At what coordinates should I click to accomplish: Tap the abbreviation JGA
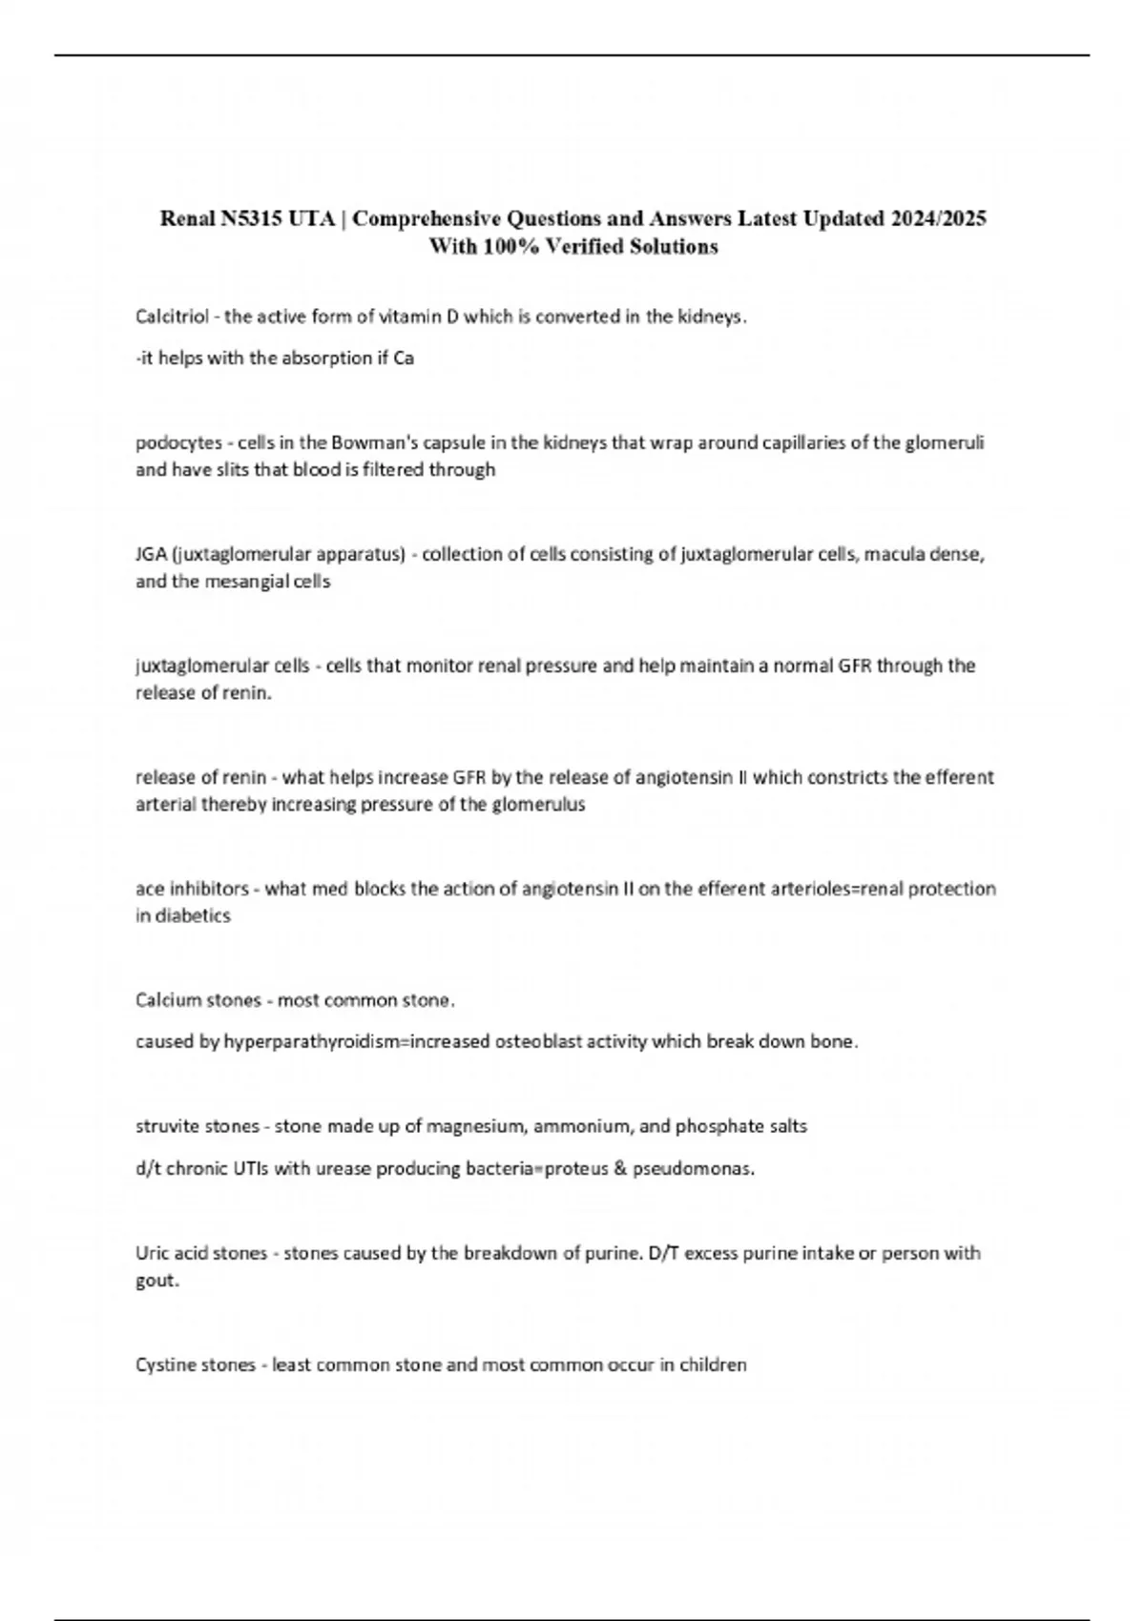[x=151, y=554]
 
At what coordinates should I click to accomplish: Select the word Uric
[x=153, y=1253]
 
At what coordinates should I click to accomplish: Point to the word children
[x=713, y=1365]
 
